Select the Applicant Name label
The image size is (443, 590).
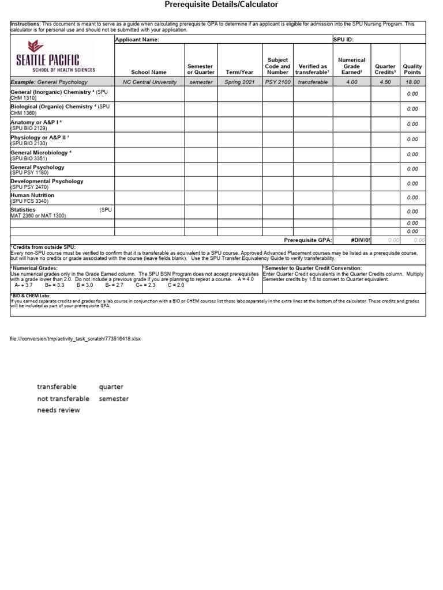pyautogui.click(x=137, y=40)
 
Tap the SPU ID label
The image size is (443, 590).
pyautogui.click(x=343, y=40)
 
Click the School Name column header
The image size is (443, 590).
pyautogui.click(x=149, y=73)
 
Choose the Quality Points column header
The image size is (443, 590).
pyautogui.click(x=412, y=69)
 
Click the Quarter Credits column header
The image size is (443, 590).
pyautogui.click(x=385, y=69)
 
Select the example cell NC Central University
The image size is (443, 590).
pyautogui.click(x=149, y=82)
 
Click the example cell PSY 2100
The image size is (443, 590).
pyautogui.click(x=278, y=82)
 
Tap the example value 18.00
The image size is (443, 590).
pyautogui.click(x=412, y=82)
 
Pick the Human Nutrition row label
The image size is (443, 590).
pyautogui.click(x=32, y=195)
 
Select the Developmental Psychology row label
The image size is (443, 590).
pyautogui.click(x=47, y=181)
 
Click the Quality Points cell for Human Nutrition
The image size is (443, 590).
pyautogui.click(x=412, y=198)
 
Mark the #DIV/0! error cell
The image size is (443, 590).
pyautogui.click(x=361, y=240)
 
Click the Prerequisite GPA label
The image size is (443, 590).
pyautogui.click(x=308, y=240)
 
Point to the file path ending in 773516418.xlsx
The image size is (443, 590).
pyautogui.click(x=76, y=339)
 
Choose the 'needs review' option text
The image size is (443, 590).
pyautogui.click(x=59, y=410)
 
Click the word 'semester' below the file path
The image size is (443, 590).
pyautogui.click(x=114, y=399)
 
